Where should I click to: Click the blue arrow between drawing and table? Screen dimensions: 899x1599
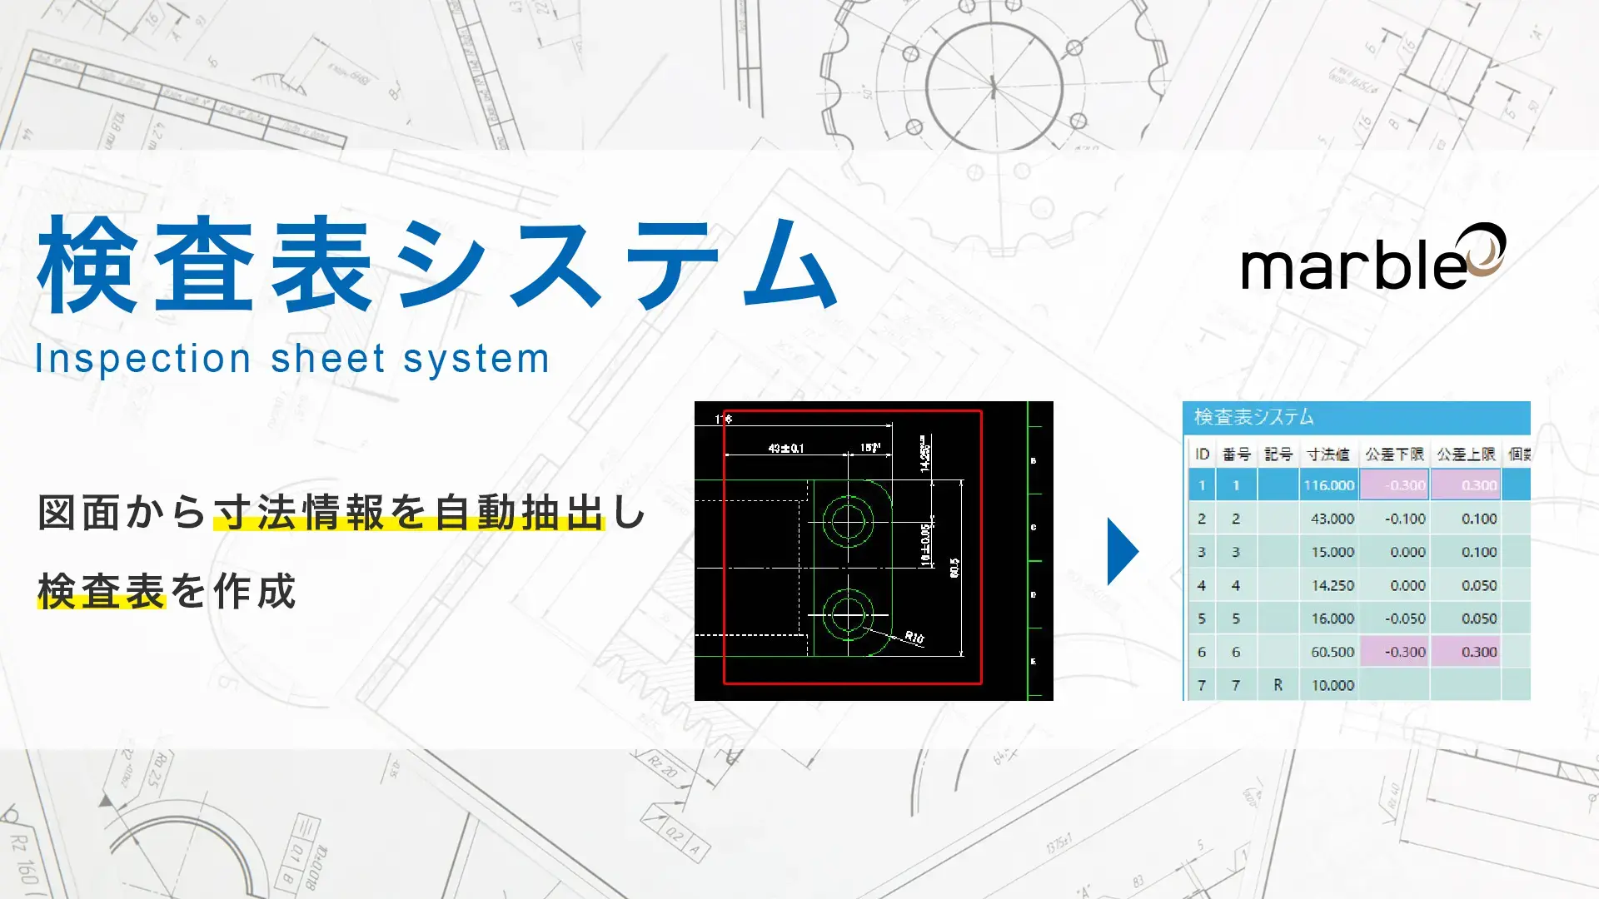tap(1122, 551)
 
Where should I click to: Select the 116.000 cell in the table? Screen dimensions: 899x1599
tap(1328, 485)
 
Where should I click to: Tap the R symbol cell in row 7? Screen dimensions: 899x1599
tap(1278, 685)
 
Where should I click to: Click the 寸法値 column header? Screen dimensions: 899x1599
tap(1328, 454)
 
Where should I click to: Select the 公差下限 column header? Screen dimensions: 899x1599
tap(1394, 454)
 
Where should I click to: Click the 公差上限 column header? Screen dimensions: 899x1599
tap(1466, 454)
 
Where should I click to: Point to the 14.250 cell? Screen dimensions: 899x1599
tap(1332, 585)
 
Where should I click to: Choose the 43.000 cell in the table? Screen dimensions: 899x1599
tap(1332, 519)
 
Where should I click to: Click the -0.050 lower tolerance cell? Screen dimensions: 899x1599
tap(1405, 618)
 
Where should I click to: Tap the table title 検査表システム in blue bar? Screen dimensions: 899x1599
tap(1253, 417)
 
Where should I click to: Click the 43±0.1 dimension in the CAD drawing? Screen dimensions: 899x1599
tap(785, 448)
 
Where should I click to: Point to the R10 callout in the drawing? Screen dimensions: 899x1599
tap(914, 638)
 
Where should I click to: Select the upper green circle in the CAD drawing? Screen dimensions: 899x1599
tap(848, 522)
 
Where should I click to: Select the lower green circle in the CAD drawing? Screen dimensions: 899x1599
tap(848, 614)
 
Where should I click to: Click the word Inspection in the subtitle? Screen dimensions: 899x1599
tap(142, 359)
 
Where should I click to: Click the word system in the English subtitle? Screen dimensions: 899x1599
tap(476, 359)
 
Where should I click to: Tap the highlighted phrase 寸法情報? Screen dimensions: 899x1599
tap(299, 512)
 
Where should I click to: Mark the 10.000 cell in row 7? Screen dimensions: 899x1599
tap(1332, 685)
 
